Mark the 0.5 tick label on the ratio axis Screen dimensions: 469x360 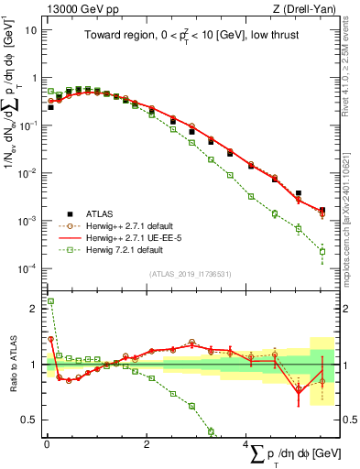pos(28,420)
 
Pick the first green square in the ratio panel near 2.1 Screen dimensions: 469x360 pos(50,301)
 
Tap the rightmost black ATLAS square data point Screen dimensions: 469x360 pos(322,210)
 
